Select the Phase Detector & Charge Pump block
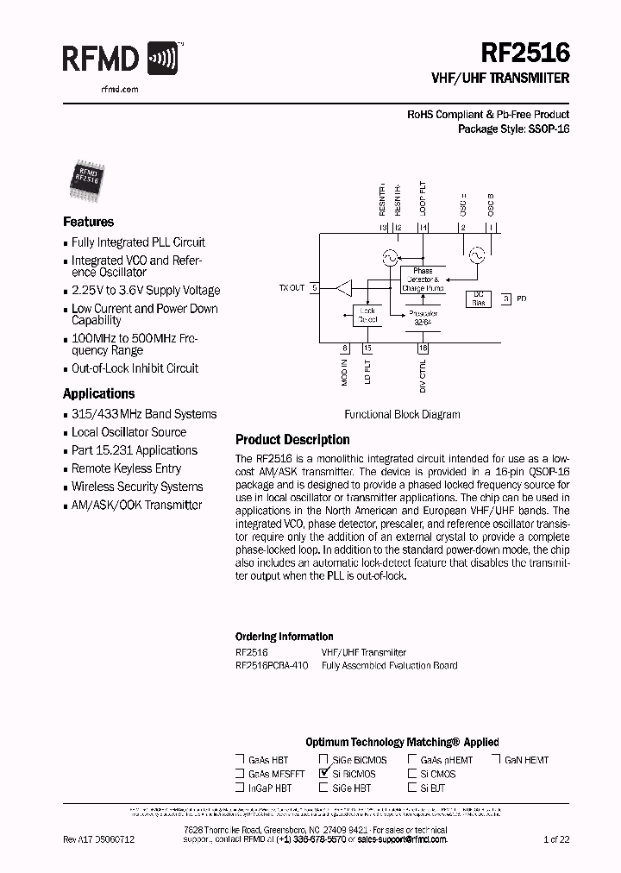(423, 279)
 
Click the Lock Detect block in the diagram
(367, 315)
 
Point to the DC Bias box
(478, 298)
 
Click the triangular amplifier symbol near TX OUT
(344, 287)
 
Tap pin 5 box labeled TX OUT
(315, 287)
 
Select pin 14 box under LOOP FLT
(423, 228)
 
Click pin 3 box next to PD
(507, 298)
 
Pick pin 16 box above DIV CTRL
(423, 349)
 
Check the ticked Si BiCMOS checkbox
(323, 774)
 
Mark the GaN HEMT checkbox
(497, 760)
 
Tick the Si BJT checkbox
(412, 788)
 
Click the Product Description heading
(292, 440)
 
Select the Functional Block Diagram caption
(402, 414)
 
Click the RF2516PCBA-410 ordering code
(271, 665)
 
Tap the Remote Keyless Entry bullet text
(126, 468)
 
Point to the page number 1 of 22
(556, 838)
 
